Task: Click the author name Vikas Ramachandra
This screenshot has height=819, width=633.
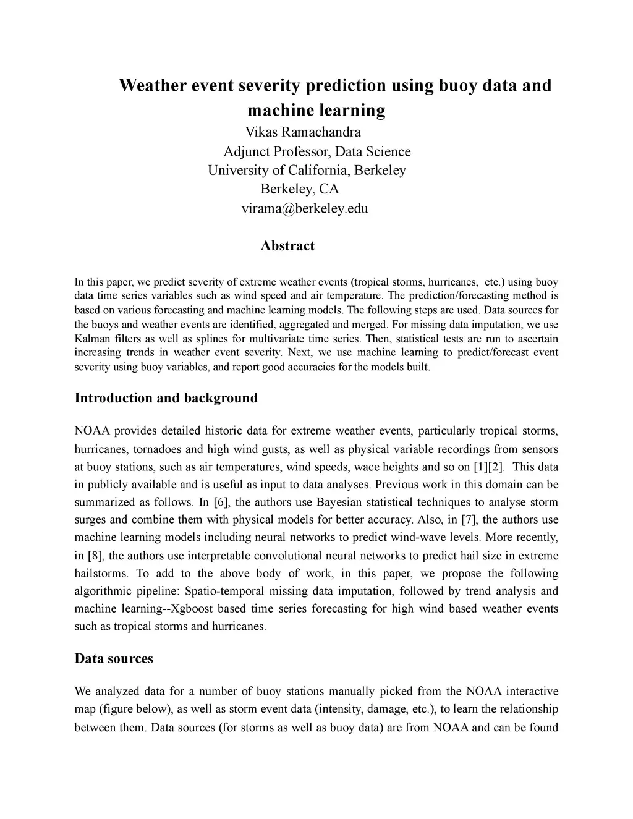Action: (303, 132)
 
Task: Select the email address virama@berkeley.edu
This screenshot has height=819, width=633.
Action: (304, 208)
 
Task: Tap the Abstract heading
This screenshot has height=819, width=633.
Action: (287, 246)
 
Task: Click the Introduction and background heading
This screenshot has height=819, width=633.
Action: (166, 398)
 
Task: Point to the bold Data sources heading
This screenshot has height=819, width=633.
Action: (114, 659)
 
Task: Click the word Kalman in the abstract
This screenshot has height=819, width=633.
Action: (91, 339)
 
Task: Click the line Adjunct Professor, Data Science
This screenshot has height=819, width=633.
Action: (316, 152)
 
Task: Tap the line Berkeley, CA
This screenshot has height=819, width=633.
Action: (300, 189)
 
